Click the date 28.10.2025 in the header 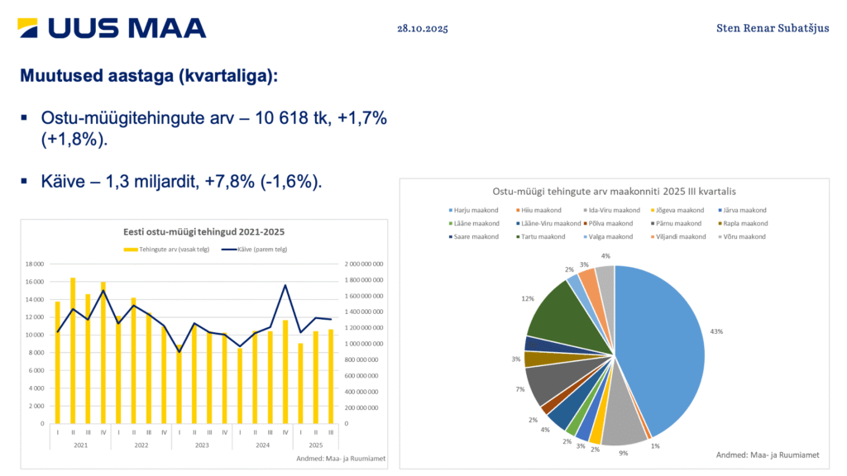pyautogui.click(x=422, y=29)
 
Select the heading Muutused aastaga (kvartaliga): pyautogui.click(x=149, y=76)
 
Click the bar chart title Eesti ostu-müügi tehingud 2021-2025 pyautogui.click(x=203, y=231)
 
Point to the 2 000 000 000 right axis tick pyautogui.click(x=364, y=264)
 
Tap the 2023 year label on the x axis pyautogui.click(x=202, y=445)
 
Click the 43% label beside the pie pyautogui.click(x=716, y=331)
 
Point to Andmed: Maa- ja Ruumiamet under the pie pyautogui.click(x=768, y=455)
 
